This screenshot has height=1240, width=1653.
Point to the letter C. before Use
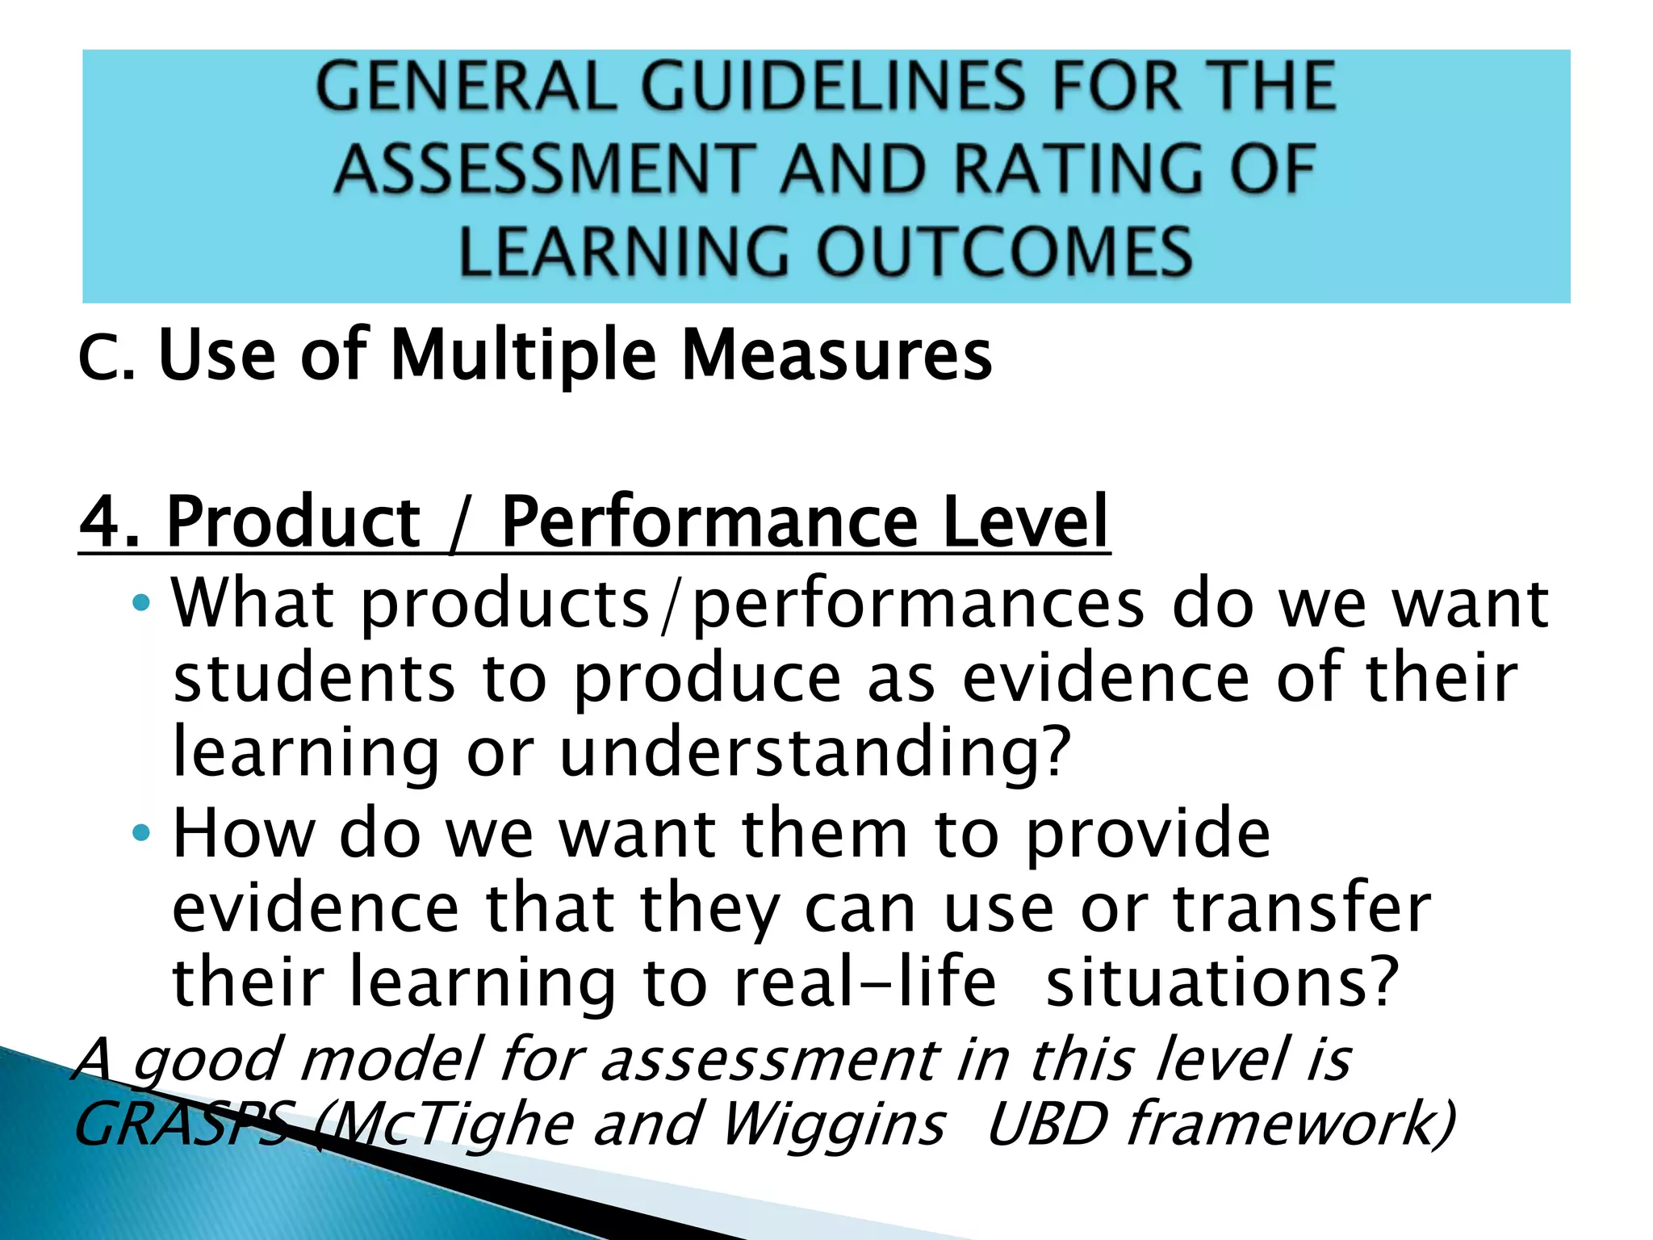(106, 358)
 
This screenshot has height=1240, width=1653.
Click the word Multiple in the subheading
(524, 355)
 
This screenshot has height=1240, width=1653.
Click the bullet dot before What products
(141, 602)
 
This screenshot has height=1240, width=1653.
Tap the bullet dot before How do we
(141, 833)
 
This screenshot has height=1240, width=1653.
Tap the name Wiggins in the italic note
(832, 1124)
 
